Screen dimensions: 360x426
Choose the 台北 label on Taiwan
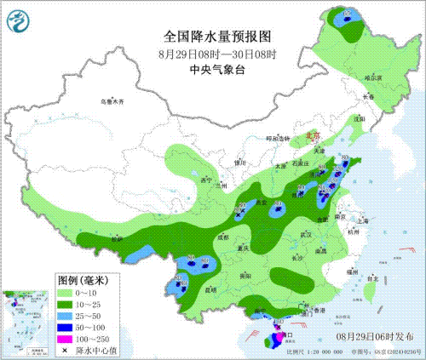click(372, 277)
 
